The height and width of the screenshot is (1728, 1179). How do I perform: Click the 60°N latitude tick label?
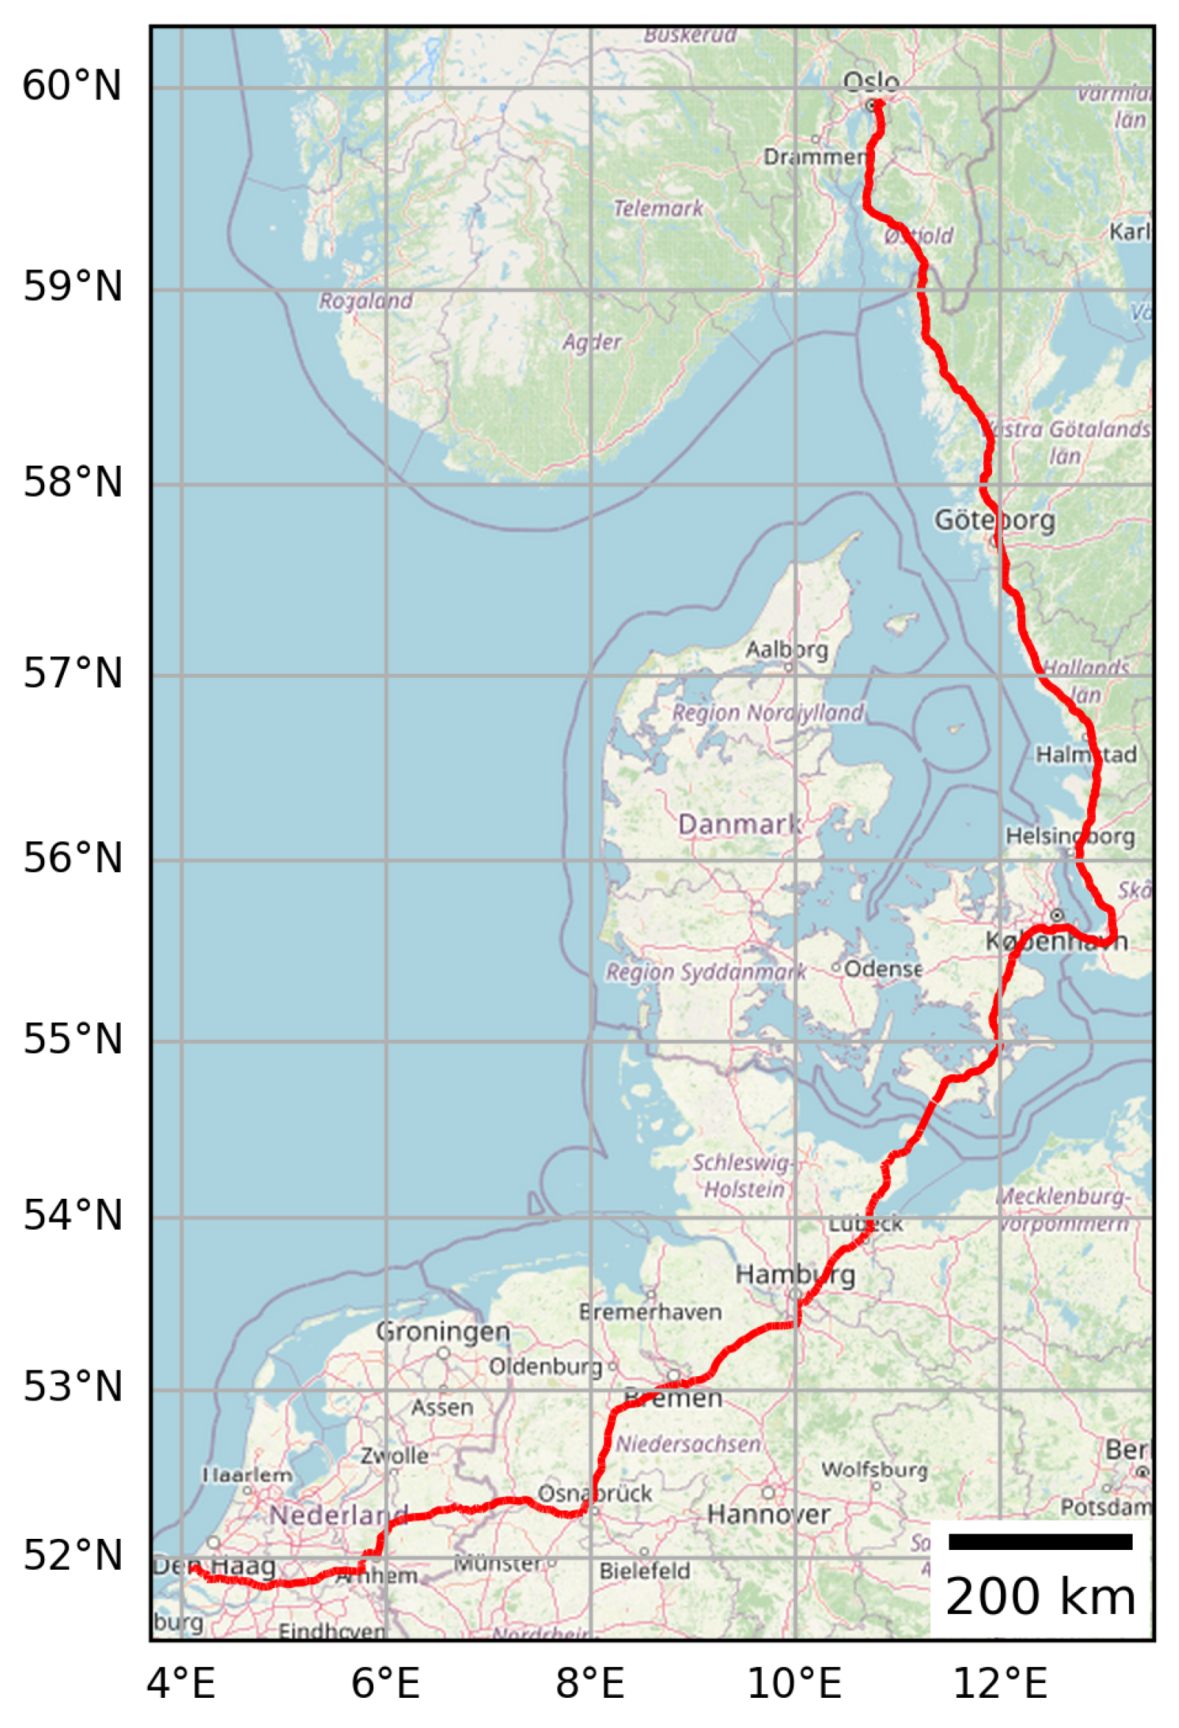(x=72, y=85)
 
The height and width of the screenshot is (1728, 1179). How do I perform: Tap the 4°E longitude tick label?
(x=181, y=1682)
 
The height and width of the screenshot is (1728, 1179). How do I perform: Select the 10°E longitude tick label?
(x=794, y=1682)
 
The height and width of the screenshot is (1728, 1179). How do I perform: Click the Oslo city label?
(x=871, y=81)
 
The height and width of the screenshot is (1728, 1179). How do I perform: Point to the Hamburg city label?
(x=795, y=1275)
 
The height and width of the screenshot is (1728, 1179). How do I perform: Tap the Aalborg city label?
(x=787, y=650)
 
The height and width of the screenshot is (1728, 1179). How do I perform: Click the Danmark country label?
(x=739, y=824)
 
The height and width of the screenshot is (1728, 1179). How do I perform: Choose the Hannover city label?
(x=768, y=1515)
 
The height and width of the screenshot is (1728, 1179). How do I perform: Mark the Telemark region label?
(x=658, y=208)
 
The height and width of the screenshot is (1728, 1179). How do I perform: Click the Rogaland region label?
(x=365, y=301)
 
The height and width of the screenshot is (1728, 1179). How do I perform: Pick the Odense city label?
(x=882, y=969)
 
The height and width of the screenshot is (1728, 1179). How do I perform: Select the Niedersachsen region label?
(x=688, y=1445)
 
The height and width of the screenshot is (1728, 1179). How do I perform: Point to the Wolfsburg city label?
(x=874, y=1469)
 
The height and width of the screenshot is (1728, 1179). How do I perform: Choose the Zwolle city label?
(x=394, y=1455)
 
